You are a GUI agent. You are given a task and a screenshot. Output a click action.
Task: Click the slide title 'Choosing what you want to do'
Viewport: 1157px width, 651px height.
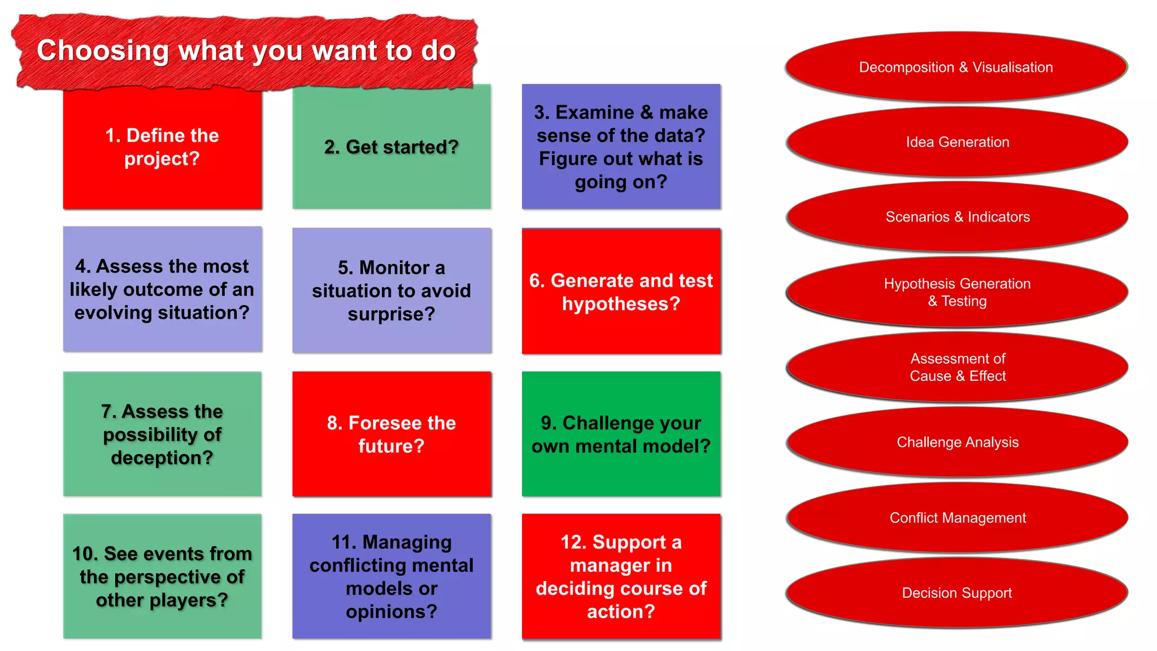click(246, 51)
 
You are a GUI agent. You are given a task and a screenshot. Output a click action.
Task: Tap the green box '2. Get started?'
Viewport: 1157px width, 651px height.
click(391, 147)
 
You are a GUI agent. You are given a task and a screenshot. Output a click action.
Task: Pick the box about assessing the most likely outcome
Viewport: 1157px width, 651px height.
click(162, 289)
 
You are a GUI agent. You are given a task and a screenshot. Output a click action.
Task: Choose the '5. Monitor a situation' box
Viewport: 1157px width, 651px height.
click(391, 290)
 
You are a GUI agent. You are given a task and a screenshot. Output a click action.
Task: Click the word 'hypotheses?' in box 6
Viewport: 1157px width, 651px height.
click(621, 304)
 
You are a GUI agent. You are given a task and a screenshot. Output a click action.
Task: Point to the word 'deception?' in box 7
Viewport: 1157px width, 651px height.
click(162, 458)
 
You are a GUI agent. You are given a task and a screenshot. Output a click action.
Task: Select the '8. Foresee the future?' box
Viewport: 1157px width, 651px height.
click(391, 434)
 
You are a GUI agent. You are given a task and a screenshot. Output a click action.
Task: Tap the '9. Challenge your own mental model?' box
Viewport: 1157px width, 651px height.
click(621, 434)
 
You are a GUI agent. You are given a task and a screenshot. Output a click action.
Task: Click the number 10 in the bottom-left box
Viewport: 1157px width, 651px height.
click(85, 554)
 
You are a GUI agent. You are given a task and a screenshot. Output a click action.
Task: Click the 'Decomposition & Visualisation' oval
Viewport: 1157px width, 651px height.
click(956, 67)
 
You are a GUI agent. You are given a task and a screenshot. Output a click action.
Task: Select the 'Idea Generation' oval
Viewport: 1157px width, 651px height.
click(957, 142)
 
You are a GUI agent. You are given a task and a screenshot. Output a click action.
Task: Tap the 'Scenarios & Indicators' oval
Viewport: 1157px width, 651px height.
click(957, 217)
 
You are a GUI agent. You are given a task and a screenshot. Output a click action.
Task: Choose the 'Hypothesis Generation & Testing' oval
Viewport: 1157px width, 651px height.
click(957, 292)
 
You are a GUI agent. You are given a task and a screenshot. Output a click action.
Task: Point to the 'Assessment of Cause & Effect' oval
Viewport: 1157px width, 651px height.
click(957, 367)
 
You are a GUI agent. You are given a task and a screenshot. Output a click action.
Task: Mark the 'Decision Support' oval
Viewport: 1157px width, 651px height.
click(956, 593)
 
